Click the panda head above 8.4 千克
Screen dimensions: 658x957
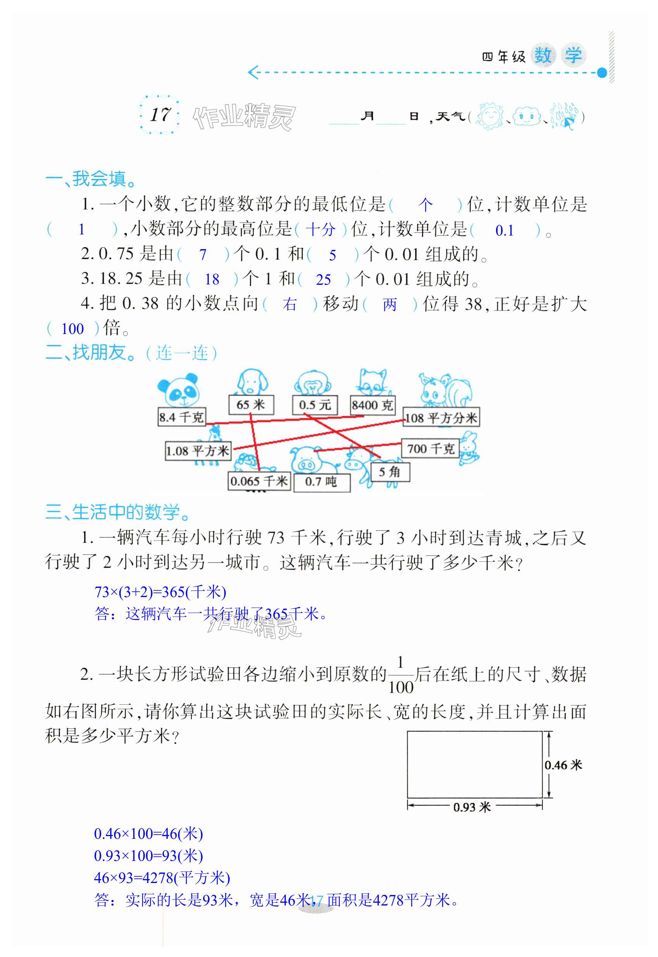(x=178, y=390)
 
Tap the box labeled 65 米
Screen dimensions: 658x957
(x=251, y=404)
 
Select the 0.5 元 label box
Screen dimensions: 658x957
(x=315, y=405)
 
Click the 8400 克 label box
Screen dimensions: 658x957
(x=372, y=405)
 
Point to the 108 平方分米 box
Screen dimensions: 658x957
(x=441, y=418)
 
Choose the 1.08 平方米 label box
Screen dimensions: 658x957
(x=198, y=451)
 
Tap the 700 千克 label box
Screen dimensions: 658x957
(x=430, y=448)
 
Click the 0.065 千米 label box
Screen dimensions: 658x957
(x=259, y=481)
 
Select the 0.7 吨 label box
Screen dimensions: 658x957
(x=322, y=482)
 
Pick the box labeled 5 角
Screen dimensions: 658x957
(x=389, y=472)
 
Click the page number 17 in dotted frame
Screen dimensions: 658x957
(x=160, y=115)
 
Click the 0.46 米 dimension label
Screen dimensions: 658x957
(x=563, y=765)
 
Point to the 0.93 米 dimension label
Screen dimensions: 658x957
(x=472, y=807)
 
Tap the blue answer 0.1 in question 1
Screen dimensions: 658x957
(x=504, y=231)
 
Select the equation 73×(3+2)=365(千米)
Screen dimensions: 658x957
(x=160, y=592)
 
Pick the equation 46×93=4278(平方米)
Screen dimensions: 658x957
(x=162, y=878)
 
